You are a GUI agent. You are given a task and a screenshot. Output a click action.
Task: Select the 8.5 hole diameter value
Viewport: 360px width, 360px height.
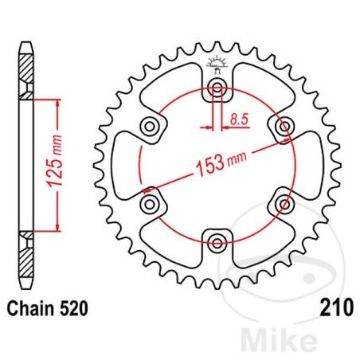click(x=237, y=120)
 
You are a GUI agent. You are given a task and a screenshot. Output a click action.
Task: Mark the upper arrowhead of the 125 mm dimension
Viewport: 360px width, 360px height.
click(x=57, y=103)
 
